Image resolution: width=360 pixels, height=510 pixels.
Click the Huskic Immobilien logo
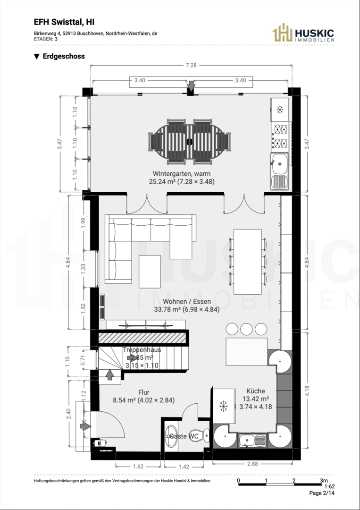(303, 33)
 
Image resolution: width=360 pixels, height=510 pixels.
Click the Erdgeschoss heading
(59, 56)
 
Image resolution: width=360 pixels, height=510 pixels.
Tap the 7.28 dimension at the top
(191, 65)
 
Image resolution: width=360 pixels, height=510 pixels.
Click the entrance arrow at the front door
(85, 426)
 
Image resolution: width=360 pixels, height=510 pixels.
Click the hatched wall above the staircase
(143, 338)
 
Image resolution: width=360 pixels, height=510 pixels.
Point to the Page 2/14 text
(322, 493)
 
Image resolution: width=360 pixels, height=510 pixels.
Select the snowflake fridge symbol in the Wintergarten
(279, 110)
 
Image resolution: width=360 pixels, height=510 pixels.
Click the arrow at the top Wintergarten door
(191, 86)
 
